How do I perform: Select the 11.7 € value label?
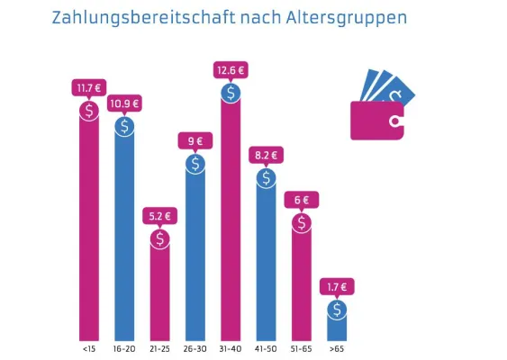(x=89, y=87)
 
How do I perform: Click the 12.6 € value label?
(x=231, y=70)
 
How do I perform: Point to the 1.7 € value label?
(x=337, y=287)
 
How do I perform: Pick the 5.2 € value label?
(x=159, y=217)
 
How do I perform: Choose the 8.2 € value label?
(x=266, y=155)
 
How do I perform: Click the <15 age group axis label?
(x=89, y=346)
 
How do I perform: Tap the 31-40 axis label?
(x=231, y=346)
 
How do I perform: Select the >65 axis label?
(x=337, y=346)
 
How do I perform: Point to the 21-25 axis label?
(x=159, y=346)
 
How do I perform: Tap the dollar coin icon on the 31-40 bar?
(x=231, y=92)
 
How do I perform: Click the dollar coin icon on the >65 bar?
(x=337, y=310)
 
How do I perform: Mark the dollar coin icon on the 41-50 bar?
(x=266, y=177)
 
